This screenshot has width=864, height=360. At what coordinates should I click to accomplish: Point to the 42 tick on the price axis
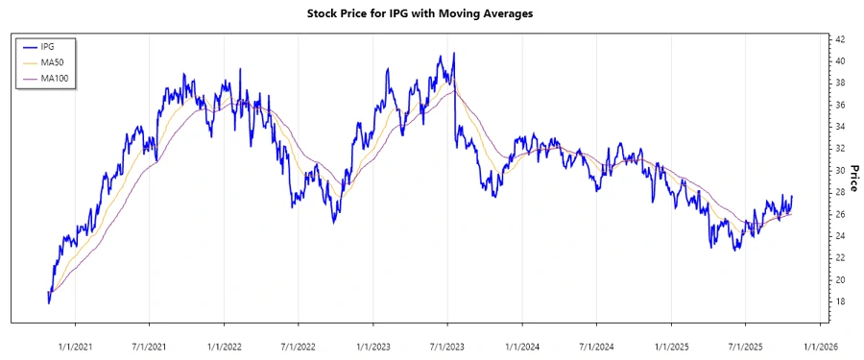pyautogui.click(x=838, y=39)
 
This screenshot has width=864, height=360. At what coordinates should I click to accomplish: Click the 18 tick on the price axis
pyautogui.click(x=838, y=301)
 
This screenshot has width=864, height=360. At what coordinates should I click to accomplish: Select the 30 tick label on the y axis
pyautogui.click(x=838, y=170)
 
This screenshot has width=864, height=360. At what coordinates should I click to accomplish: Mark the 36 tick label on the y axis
pyautogui.click(x=838, y=105)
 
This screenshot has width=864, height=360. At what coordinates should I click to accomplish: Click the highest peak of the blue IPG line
pyautogui.click(x=453, y=54)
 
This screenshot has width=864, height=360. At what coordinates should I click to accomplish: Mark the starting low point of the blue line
pyautogui.click(x=49, y=302)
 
